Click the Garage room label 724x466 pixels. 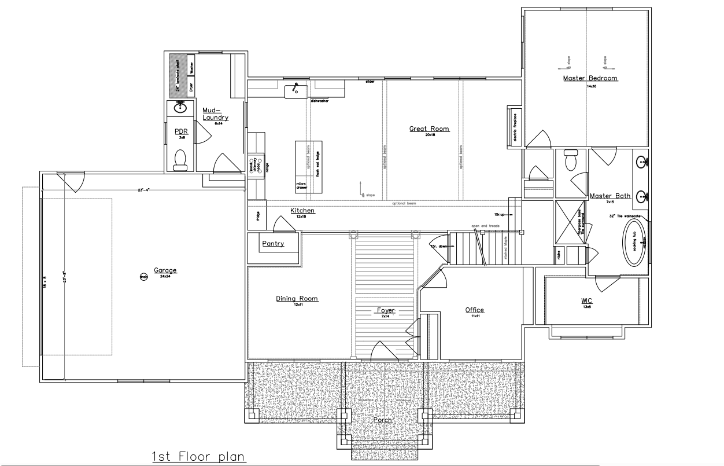[x=165, y=270]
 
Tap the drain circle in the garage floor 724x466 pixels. [x=143, y=277]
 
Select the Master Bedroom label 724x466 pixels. [x=590, y=78]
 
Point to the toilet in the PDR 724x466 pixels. [x=180, y=159]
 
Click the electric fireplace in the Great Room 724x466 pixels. [x=515, y=123]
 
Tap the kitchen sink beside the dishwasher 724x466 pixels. [x=296, y=91]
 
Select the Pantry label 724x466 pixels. [x=273, y=244]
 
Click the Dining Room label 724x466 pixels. [x=297, y=299]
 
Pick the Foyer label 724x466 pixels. [x=386, y=310]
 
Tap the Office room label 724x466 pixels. [x=474, y=310]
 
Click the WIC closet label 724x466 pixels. [x=586, y=302]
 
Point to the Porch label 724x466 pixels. [x=382, y=420]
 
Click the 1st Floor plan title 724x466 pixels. [x=199, y=457]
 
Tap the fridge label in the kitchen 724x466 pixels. [x=257, y=216]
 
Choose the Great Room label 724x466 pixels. [x=429, y=129]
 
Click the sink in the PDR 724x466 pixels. [x=180, y=107]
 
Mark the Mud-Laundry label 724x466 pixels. [x=215, y=113]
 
